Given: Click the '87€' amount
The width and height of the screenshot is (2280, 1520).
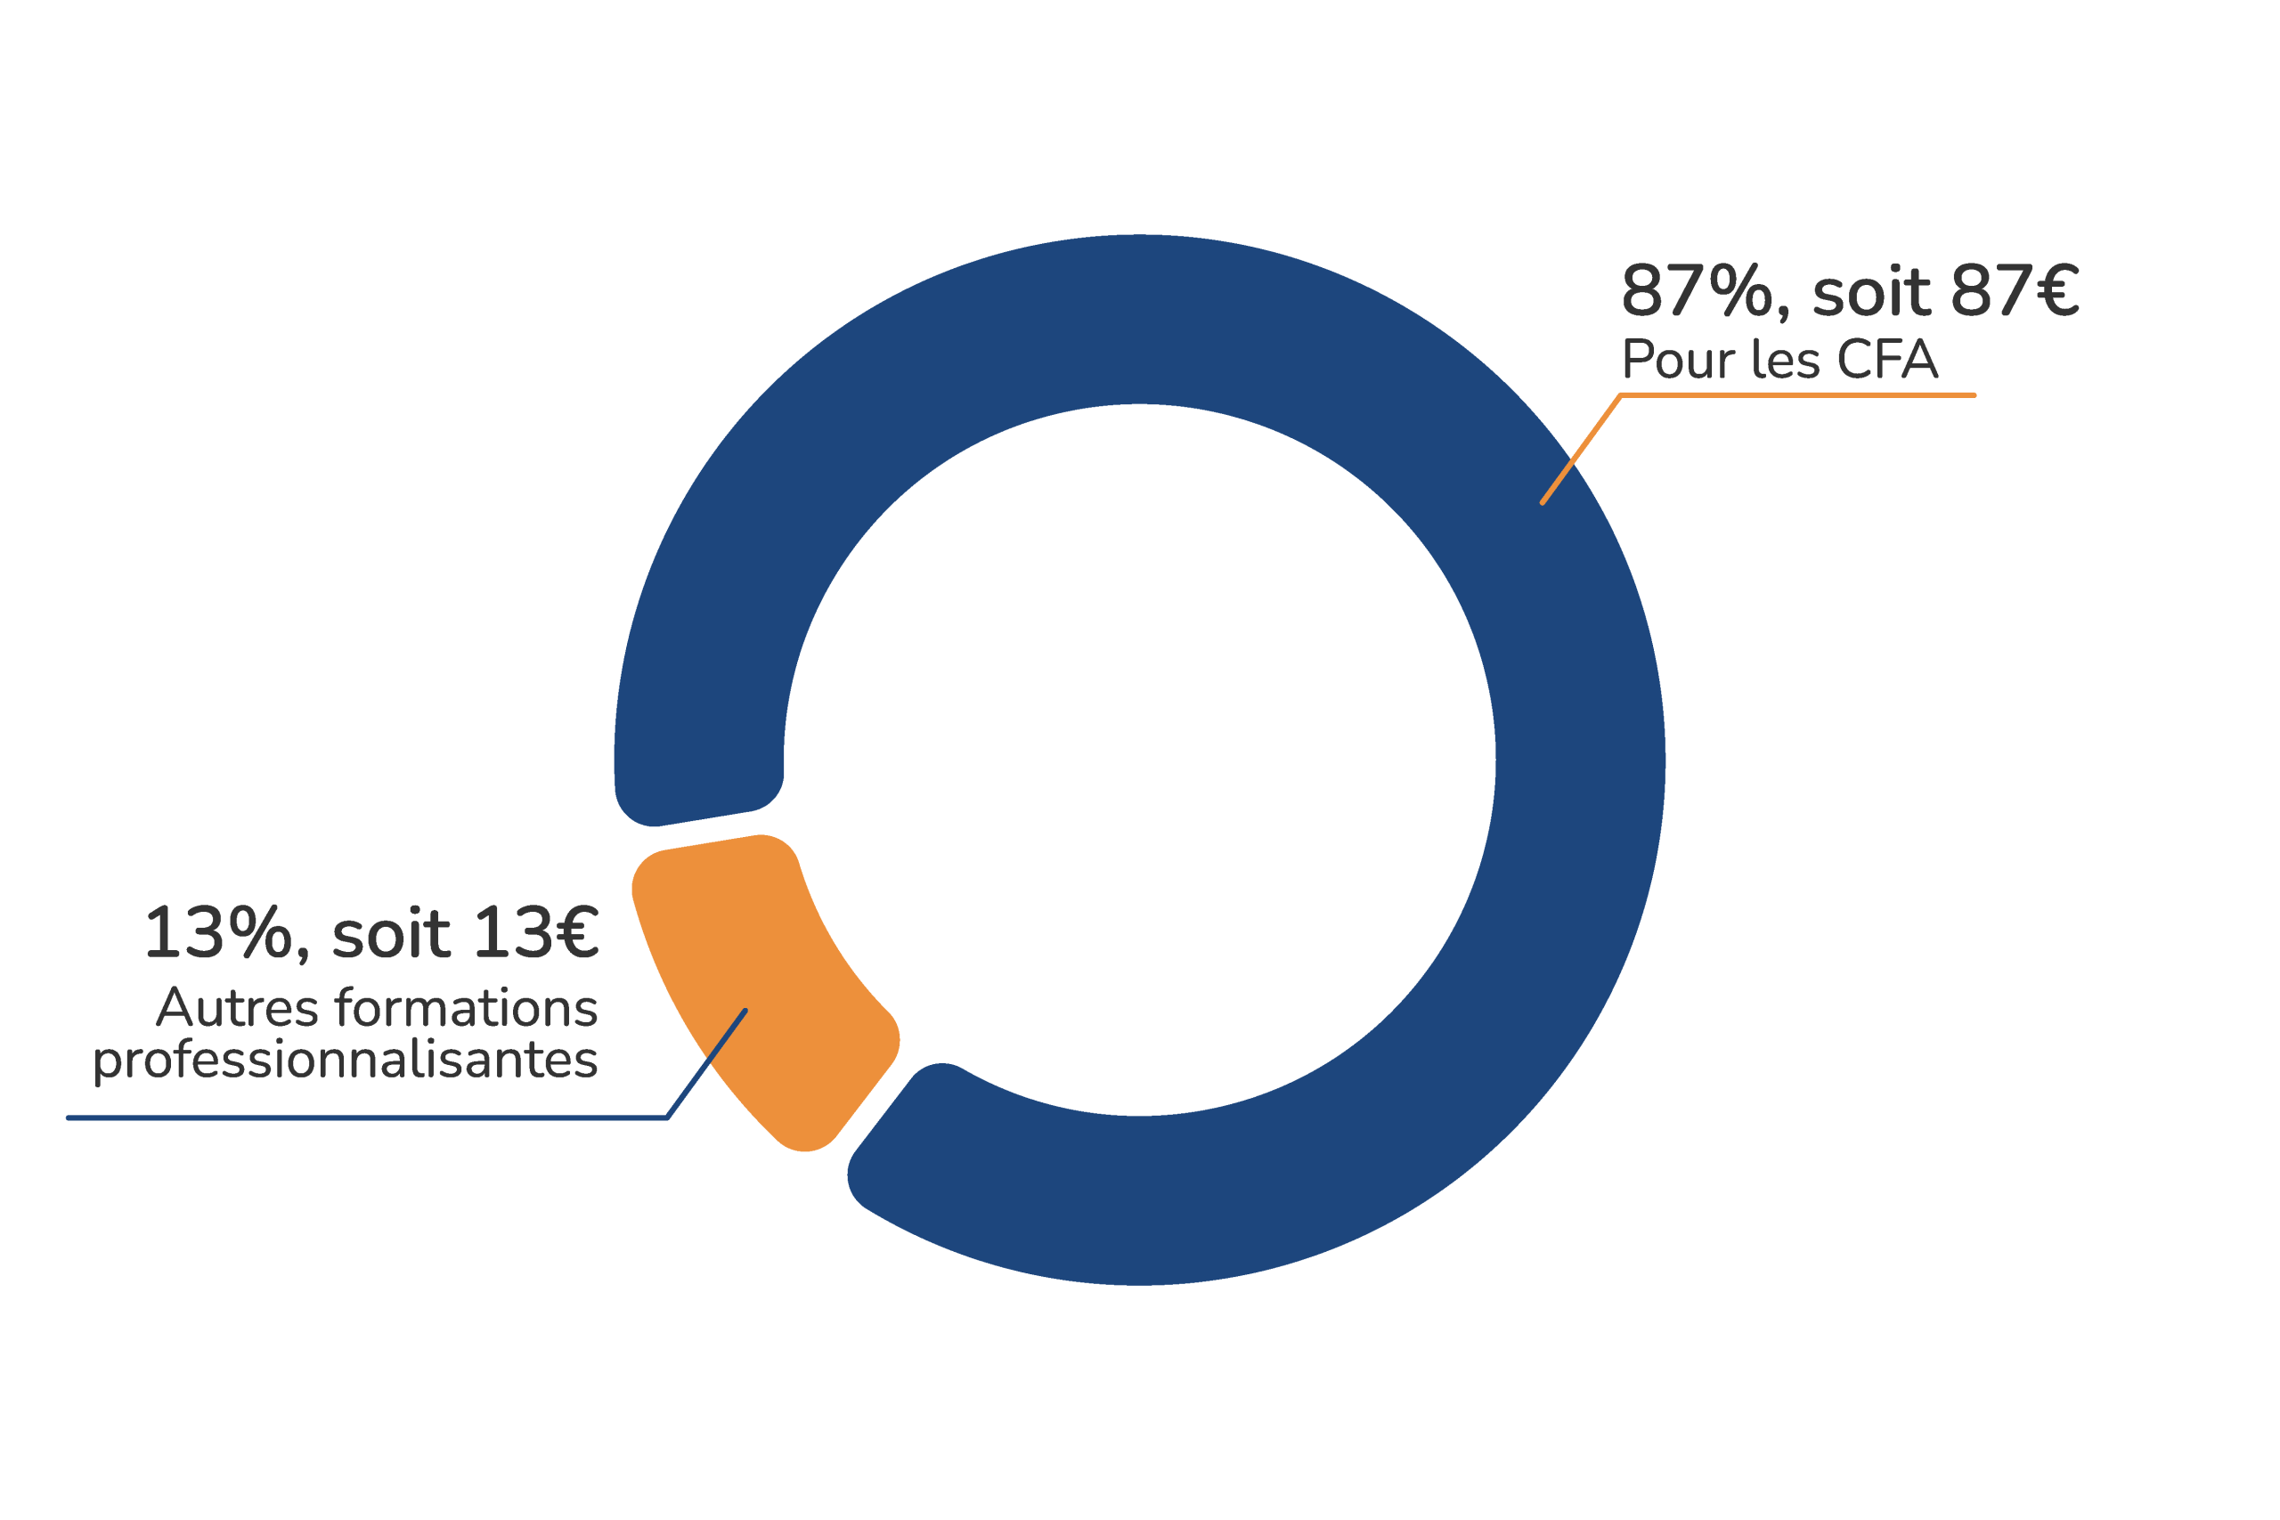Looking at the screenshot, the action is [x=2015, y=290].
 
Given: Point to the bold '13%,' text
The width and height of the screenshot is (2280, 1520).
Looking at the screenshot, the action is [x=228, y=934].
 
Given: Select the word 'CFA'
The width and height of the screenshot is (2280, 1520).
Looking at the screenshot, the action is [x=1887, y=360].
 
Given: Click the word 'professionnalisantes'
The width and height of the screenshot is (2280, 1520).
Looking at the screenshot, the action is [x=345, y=1061].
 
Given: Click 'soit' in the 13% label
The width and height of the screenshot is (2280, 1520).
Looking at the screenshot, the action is [x=392, y=933].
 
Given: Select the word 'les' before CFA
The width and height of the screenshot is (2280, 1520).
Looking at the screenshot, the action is [x=1786, y=360].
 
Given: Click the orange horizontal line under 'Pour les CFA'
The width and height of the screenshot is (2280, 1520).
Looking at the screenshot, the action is [x=1798, y=395].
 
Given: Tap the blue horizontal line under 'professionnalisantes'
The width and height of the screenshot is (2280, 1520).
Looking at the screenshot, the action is [x=368, y=1118].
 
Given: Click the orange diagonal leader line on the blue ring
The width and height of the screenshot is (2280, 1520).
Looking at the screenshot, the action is [x=1581, y=450].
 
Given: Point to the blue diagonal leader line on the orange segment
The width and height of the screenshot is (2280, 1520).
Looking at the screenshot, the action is [x=706, y=1064].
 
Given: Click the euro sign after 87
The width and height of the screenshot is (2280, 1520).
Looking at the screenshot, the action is [x=2057, y=290].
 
